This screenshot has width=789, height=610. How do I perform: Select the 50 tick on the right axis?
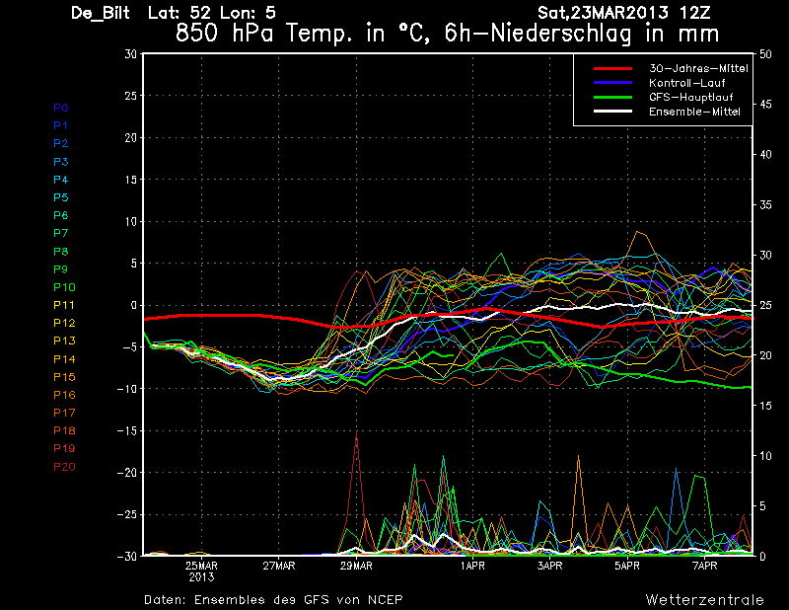coord(766,54)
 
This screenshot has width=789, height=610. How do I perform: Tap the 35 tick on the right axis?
coord(766,205)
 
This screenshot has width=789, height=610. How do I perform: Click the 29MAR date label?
coord(356,567)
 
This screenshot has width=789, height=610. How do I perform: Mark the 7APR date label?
coord(704,567)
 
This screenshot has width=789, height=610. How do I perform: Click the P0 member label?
coord(60,108)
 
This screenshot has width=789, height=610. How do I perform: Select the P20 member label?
coord(64,466)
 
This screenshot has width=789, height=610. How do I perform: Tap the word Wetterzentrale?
coord(704,599)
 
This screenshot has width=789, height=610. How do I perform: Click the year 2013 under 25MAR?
coord(201,577)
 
